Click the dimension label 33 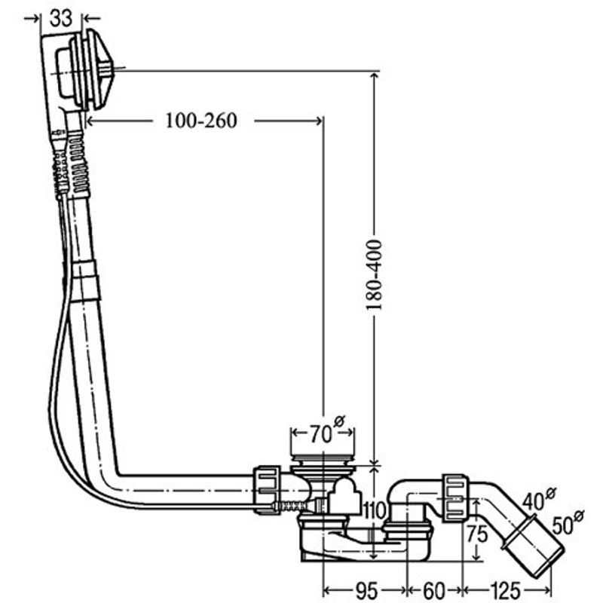point(61,17)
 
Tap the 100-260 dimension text point(201,121)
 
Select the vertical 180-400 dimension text point(374,274)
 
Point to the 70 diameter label point(327,430)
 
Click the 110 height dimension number point(375,510)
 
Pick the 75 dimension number point(477,534)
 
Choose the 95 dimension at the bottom point(366,590)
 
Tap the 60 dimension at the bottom point(434,590)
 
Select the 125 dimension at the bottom point(505,590)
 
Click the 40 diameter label point(538,499)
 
